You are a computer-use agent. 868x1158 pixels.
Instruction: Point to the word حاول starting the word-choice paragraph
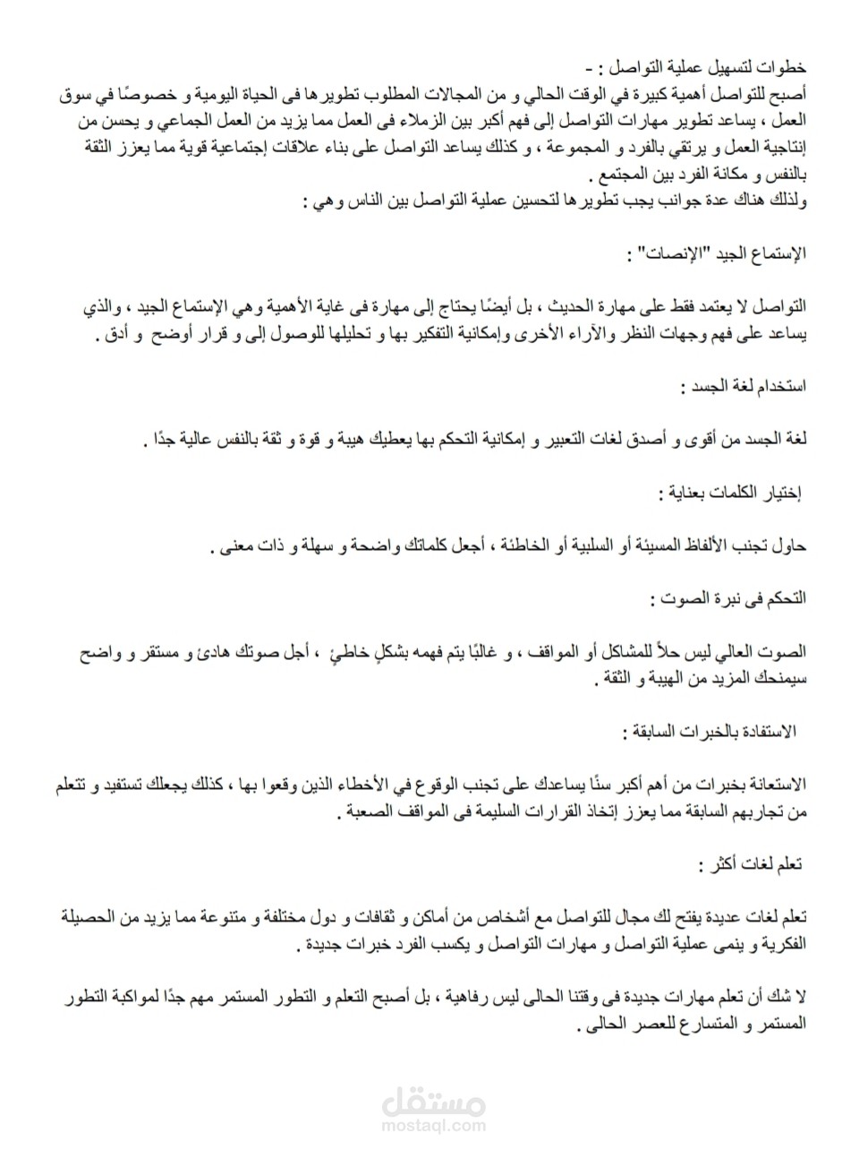click(x=790, y=546)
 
